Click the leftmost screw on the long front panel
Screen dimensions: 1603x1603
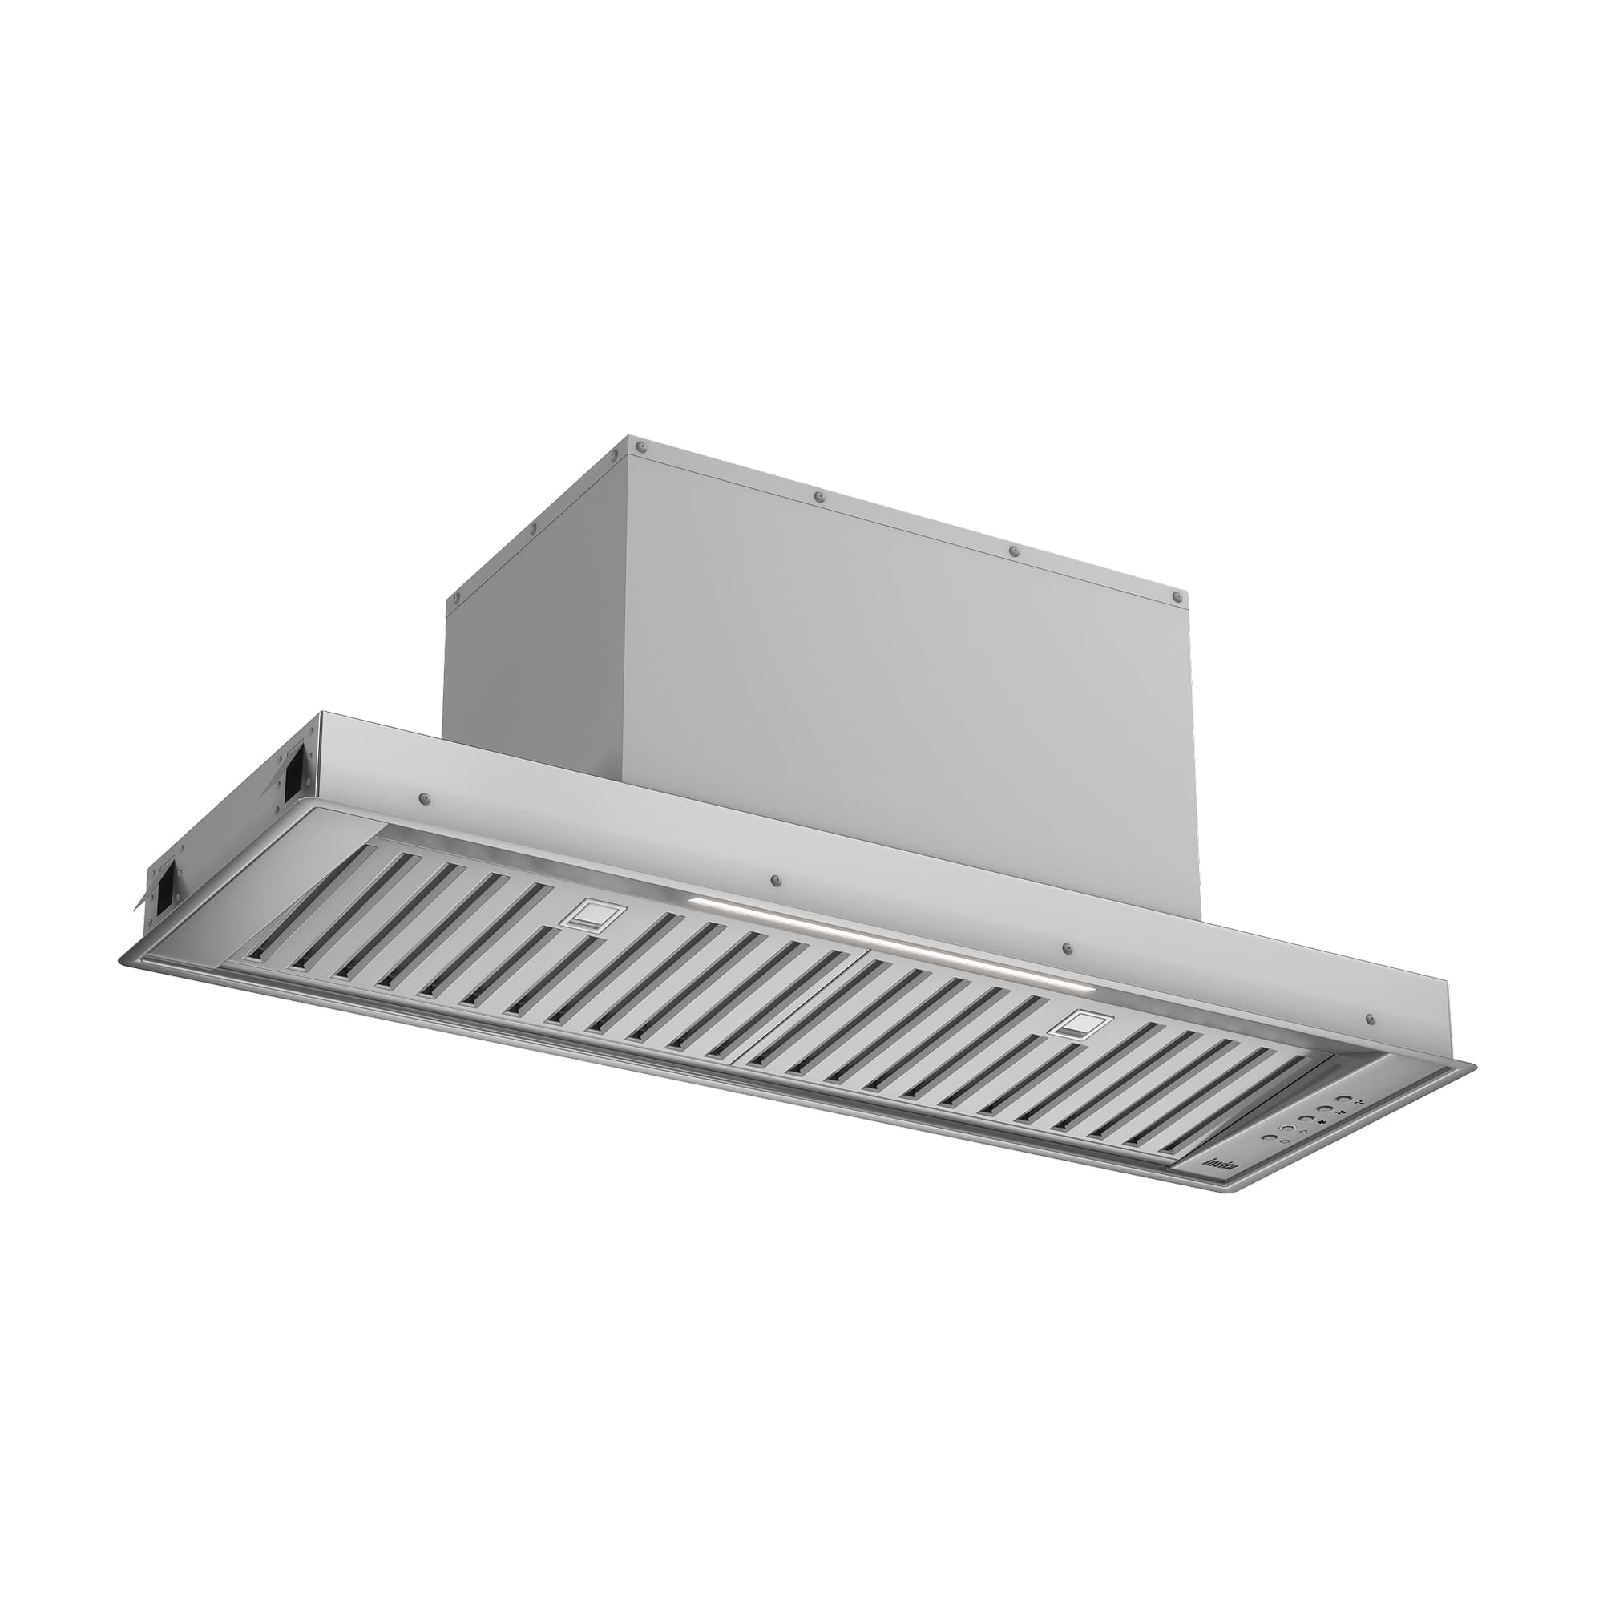point(425,798)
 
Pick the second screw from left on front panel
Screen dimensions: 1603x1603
point(776,879)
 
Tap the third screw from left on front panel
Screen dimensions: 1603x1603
point(1067,947)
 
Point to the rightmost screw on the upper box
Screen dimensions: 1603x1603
point(1177,596)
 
